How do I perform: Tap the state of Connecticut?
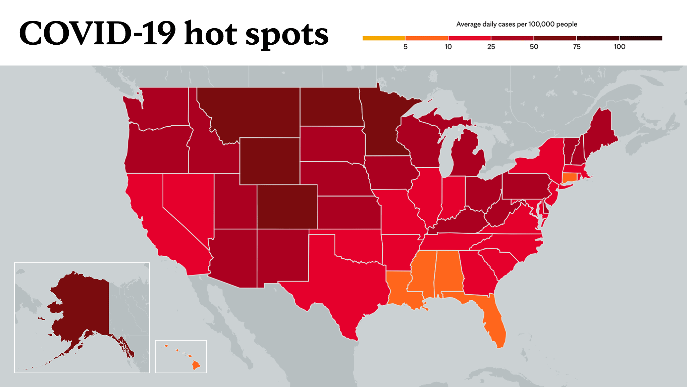pos(569,177)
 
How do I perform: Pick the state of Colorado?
pos(287,207)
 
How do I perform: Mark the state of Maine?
pos(599,134)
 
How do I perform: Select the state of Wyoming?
pos(270,161)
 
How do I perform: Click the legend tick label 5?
pos(405,47)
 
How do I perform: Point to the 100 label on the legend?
pos(620,47)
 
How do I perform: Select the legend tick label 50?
pos(534,47)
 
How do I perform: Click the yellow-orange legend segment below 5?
pos(384,38)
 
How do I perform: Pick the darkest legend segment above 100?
pos(641,38)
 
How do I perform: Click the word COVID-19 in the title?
pos(97,33)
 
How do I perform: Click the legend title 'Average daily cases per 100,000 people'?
pos(517,24)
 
